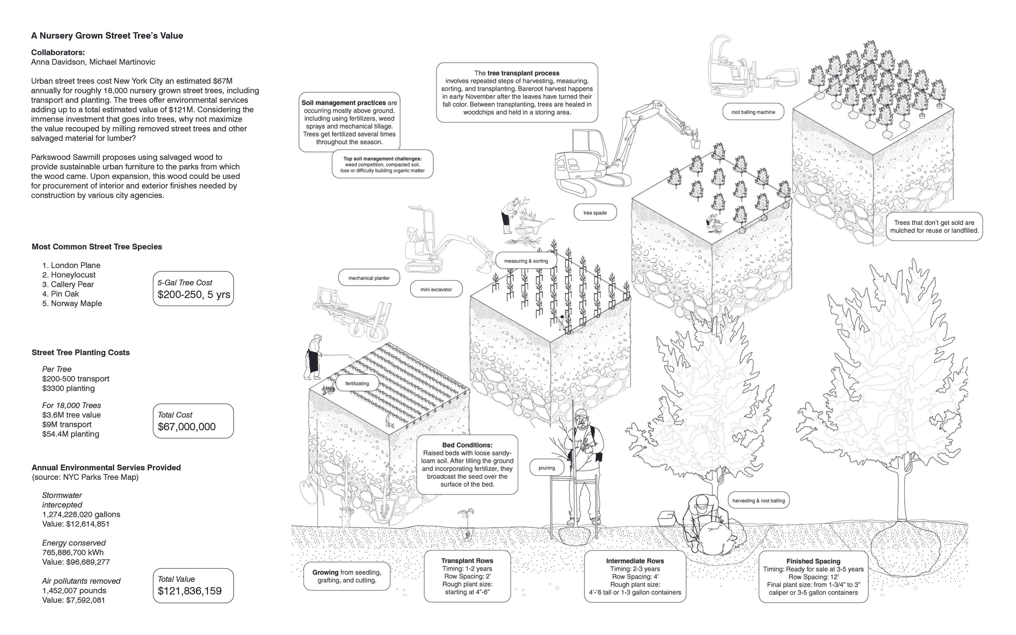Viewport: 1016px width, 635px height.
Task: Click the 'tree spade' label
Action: [x=595, y=213]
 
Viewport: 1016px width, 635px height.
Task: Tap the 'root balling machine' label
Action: [x=753, y=112]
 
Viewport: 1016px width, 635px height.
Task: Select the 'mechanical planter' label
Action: [x=369, y=278]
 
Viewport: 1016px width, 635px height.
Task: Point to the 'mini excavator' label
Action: [x=436, y=289]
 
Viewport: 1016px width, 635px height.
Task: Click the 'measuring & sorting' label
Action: [x=526, y=261]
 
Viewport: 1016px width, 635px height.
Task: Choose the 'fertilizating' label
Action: [x=357, y=384]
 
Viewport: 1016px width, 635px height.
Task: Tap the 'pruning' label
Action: [x=547, y=468]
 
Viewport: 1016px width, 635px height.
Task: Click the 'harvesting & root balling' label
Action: [x=758, y=501]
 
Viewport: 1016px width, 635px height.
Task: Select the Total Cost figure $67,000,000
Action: [x=187, y=427]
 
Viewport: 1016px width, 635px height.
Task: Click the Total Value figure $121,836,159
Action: [x=189, y=591]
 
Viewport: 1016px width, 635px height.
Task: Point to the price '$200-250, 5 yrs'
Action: [x=193, y=295]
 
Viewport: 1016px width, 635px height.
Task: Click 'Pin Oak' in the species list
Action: [x=65, y=294]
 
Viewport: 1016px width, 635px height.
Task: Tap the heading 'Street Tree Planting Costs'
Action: [x=80, y=353]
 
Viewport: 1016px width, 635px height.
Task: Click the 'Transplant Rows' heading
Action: [x=467, y=561]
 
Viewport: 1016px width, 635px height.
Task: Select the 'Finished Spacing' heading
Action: [x=813, y=561]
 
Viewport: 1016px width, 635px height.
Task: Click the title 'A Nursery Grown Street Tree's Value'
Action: [x=107, y=36]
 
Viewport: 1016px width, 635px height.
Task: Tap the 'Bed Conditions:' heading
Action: [x=467, y=445]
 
